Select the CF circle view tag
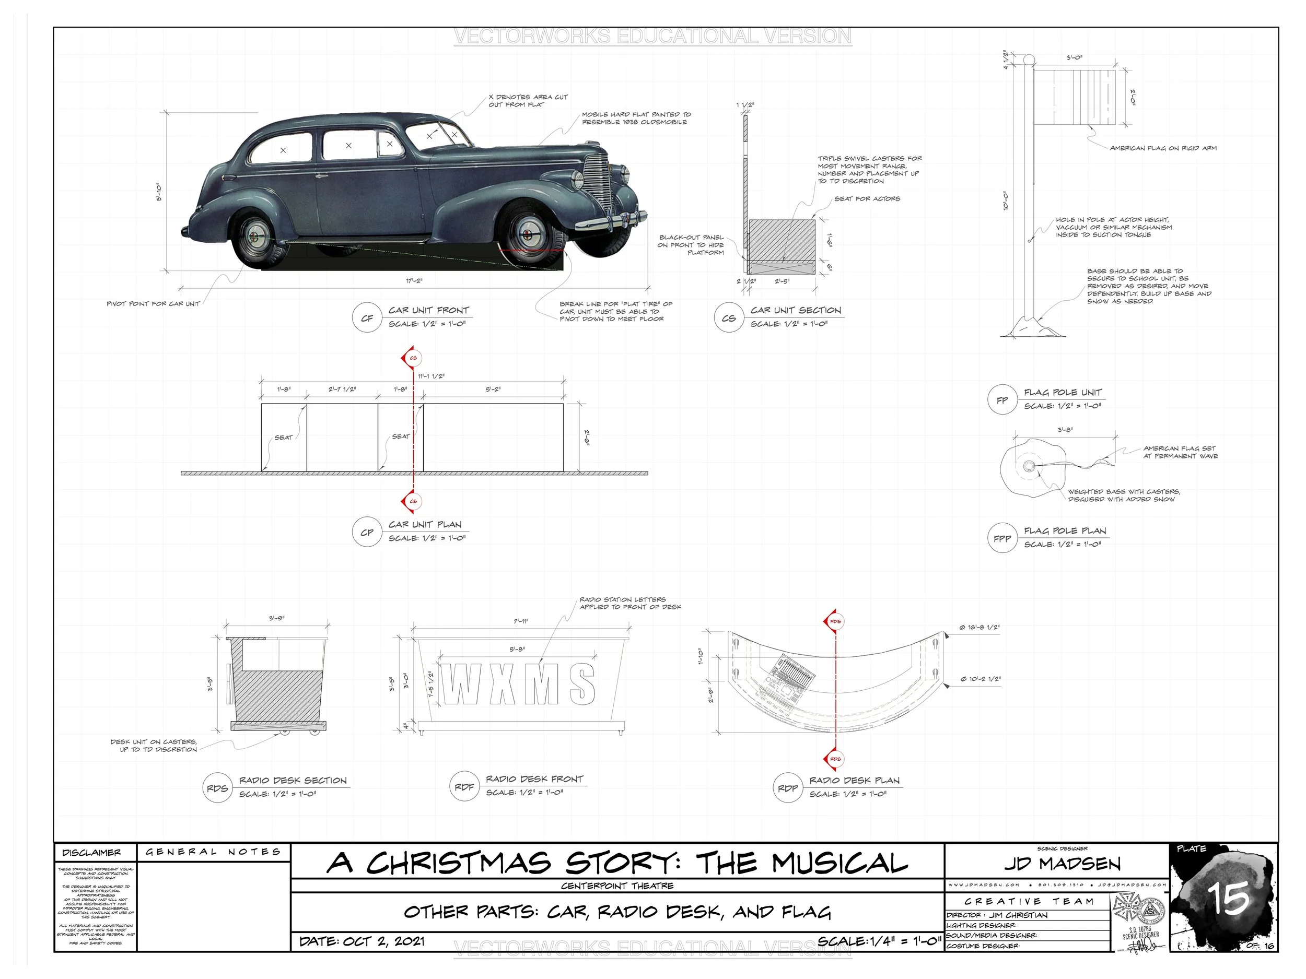(367, 318)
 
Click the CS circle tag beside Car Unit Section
(729, 318)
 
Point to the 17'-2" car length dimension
(414, 281)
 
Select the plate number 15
(1228, 899)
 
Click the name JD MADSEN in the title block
(1062, 864)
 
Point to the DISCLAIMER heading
(91, 853)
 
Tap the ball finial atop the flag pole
(1029, 60)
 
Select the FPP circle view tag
(1002, 538)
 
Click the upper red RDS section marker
(834, 621)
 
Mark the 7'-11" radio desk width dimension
(521, 621)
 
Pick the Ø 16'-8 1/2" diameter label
(979, 627)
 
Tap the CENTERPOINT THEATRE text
(617, 886)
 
